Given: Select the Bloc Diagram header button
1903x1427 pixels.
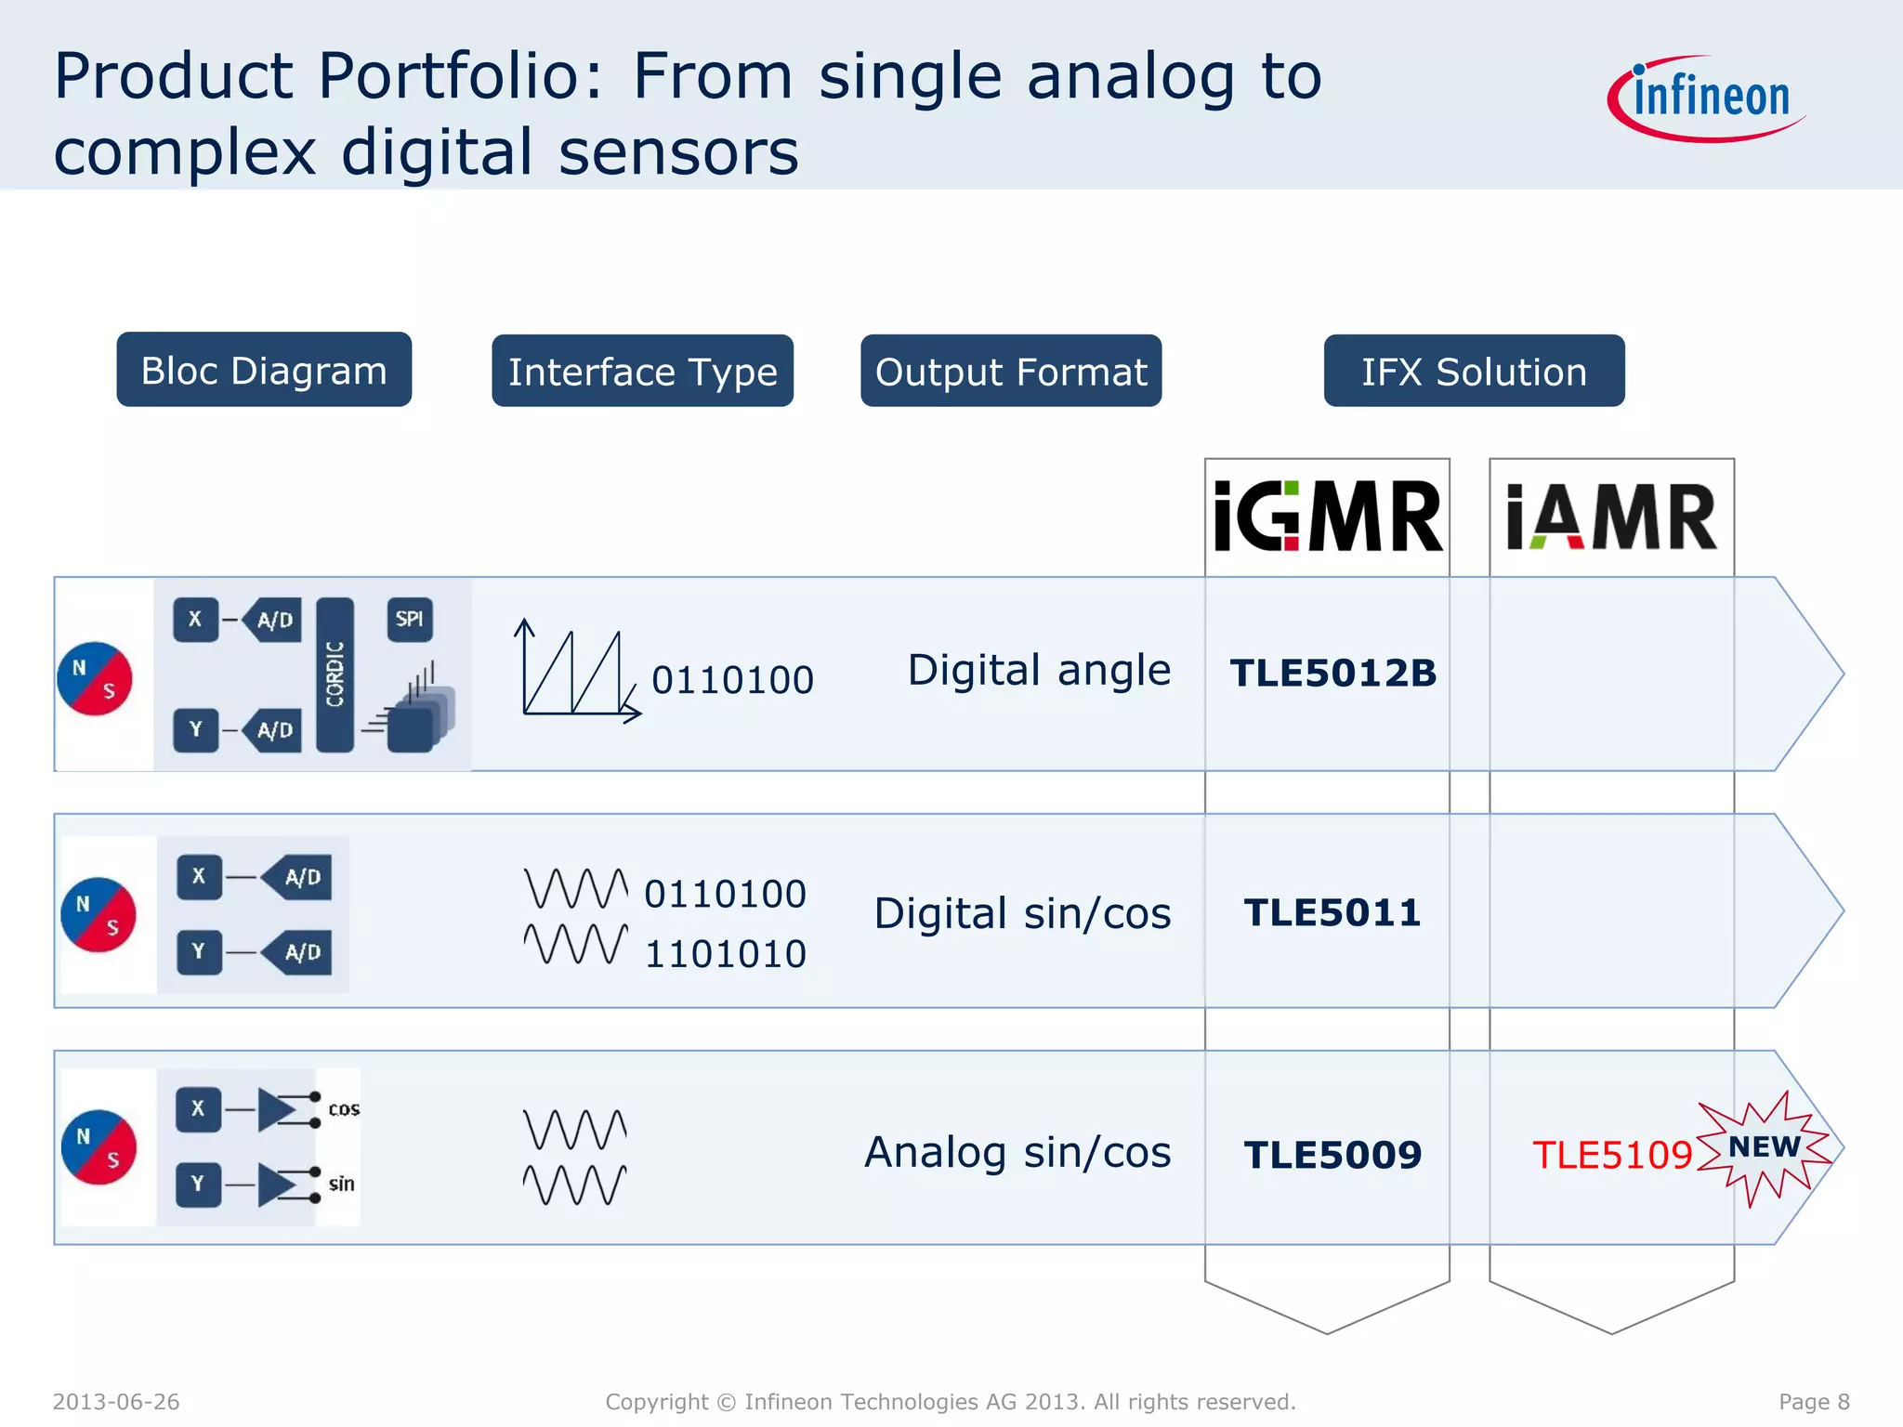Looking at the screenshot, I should (264, 370).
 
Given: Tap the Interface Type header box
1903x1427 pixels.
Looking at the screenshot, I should (642, 371).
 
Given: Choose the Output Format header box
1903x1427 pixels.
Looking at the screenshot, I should (1011, 371).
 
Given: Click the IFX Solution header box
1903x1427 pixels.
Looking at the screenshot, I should (1474, 371).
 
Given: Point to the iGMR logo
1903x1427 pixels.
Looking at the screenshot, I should (1327, 517).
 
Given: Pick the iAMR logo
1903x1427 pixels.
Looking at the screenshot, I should (1611, 517).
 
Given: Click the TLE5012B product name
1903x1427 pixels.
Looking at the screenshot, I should (1332, 674).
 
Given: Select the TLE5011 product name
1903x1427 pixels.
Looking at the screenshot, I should (1332, 912).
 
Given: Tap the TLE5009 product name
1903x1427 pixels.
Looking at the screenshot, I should (1332, 1155).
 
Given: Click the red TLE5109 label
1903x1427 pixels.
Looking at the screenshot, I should (1612, 1155).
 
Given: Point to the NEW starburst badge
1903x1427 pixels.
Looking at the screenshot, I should (1763, 1148).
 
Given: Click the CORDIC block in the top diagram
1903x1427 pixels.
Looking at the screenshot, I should (335, 674).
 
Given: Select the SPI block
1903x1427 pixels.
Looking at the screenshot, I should (409, 620).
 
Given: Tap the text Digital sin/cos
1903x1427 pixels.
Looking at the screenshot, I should (1022, 913).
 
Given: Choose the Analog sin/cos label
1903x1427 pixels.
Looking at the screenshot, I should (1017, 1153).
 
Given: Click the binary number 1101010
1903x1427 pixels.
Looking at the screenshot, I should (725, 954).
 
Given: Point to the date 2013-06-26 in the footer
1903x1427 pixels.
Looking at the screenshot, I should (116, 1401).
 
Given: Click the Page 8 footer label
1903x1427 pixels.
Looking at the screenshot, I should (1813, 1401).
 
